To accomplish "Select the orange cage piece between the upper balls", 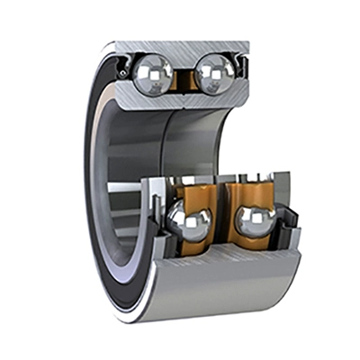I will click(x=185, y=79).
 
